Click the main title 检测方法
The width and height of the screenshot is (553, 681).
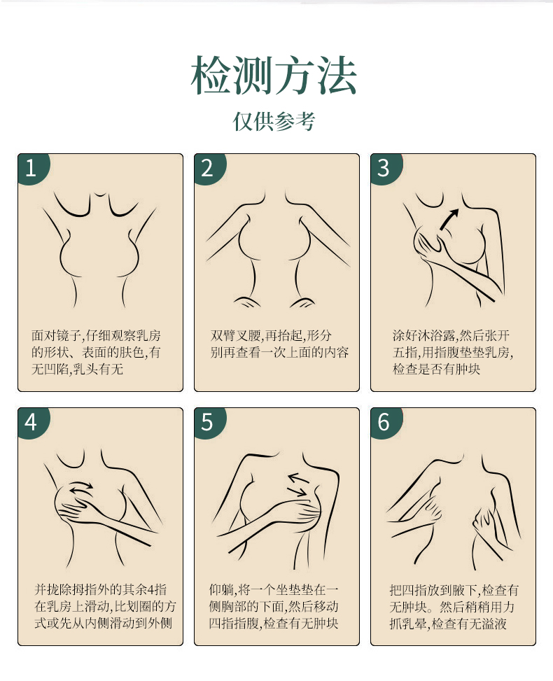click(274, 75)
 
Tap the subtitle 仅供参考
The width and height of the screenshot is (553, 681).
click(274, 121)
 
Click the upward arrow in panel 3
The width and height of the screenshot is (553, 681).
click(449, 219)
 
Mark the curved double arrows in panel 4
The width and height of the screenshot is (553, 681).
click(81, 488)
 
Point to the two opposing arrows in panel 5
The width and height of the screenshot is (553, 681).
click(299, 484)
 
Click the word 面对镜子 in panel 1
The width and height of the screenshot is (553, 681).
click(56, 335)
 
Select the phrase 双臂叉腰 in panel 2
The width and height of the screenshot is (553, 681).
click(236, 335)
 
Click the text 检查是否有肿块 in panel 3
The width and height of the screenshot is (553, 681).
click(437, 369)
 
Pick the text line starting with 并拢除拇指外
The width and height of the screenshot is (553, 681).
click(100, 589)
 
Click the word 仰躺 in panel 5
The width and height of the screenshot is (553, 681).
click(221, 589)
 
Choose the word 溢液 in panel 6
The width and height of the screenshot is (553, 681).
click(494, 624)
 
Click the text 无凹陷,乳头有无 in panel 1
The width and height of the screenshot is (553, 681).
click(77, 369)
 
